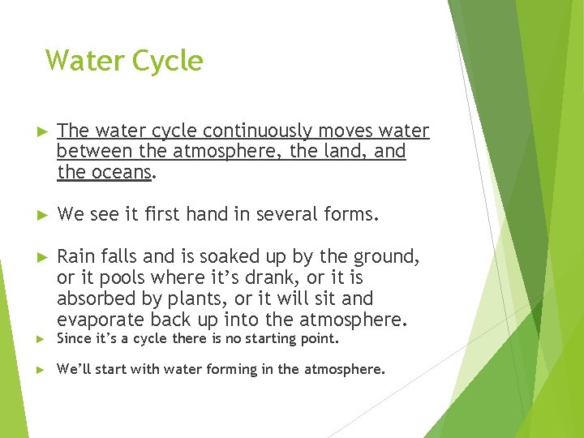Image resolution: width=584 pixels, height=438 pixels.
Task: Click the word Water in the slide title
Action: pos(80,61)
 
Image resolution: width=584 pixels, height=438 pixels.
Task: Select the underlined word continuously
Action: pos(258,131)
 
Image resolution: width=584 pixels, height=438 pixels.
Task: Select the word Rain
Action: pos(76,257)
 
